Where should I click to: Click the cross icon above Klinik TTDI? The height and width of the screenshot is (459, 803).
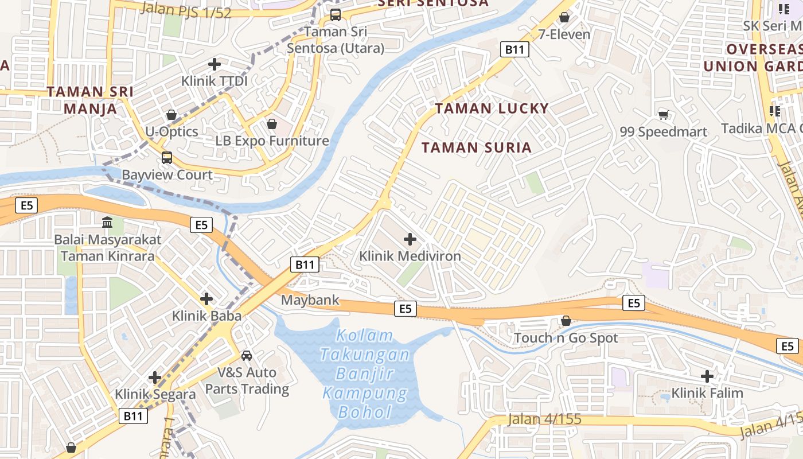(x=215, y=64)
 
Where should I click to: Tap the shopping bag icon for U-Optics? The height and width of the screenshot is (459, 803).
(x=171, y=115)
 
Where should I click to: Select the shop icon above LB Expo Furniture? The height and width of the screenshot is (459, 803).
(x=272, y=124)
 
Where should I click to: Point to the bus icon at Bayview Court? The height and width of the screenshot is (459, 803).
(x=166, y=157)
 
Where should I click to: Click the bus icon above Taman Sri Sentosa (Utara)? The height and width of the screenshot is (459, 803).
(x=336, y=15)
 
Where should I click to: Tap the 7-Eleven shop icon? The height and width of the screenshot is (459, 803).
(x=564, y=17)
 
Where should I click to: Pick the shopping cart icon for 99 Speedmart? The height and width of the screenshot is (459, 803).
(x=664, y=115)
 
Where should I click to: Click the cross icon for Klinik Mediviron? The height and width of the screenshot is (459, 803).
(x=410, y=239)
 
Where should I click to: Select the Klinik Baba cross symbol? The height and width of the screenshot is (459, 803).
(x=206, y=298)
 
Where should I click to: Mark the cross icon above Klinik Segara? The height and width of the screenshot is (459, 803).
(x=155, y=377)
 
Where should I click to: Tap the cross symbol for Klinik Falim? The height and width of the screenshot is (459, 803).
(x=707, y=376)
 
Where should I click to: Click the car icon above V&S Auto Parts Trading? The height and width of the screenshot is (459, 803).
(x=247, y=356)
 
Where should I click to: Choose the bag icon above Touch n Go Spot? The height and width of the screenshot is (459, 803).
(x=566, y=321)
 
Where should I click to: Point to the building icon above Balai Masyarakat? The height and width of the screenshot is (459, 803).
(x=107, y=222)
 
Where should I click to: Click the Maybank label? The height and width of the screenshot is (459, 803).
(x=310, y=300)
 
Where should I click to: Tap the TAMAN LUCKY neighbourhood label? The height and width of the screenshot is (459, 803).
(x=492, y=108)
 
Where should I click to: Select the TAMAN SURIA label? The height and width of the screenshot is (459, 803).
(x=477, y=147)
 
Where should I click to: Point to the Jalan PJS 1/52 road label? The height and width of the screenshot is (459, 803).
(x=185, y=10)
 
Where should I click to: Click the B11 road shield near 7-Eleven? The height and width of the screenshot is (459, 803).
(x=514, y=49)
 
